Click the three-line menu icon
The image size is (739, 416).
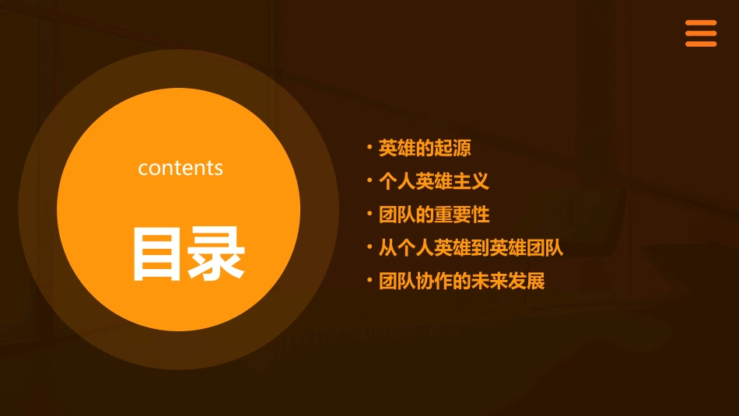click(x=700, y=33)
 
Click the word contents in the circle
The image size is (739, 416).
click(x=180, y=168)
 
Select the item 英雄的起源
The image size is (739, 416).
click(x=425, y=148)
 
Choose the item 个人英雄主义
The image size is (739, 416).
click(x=434, y=181)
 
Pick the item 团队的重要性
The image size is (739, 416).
click(x=434, y=215)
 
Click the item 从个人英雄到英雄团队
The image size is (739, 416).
click(x=471, y=248)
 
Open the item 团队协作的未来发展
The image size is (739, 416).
click(x=462, y=281)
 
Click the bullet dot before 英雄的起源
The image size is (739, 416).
click(x=369, y=146)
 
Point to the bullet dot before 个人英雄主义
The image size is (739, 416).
click(x=369, y=180)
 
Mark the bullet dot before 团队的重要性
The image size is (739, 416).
click(x=369, y=213)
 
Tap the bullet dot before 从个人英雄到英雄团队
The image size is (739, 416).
click(x=369, y=246)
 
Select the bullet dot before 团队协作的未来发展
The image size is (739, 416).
click(x=369, y=280)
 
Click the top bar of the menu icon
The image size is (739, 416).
click(x=700, y=23)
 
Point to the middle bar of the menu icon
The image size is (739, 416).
click(x=700, y=33)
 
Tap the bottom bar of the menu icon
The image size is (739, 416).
click(x=700, y=44)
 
